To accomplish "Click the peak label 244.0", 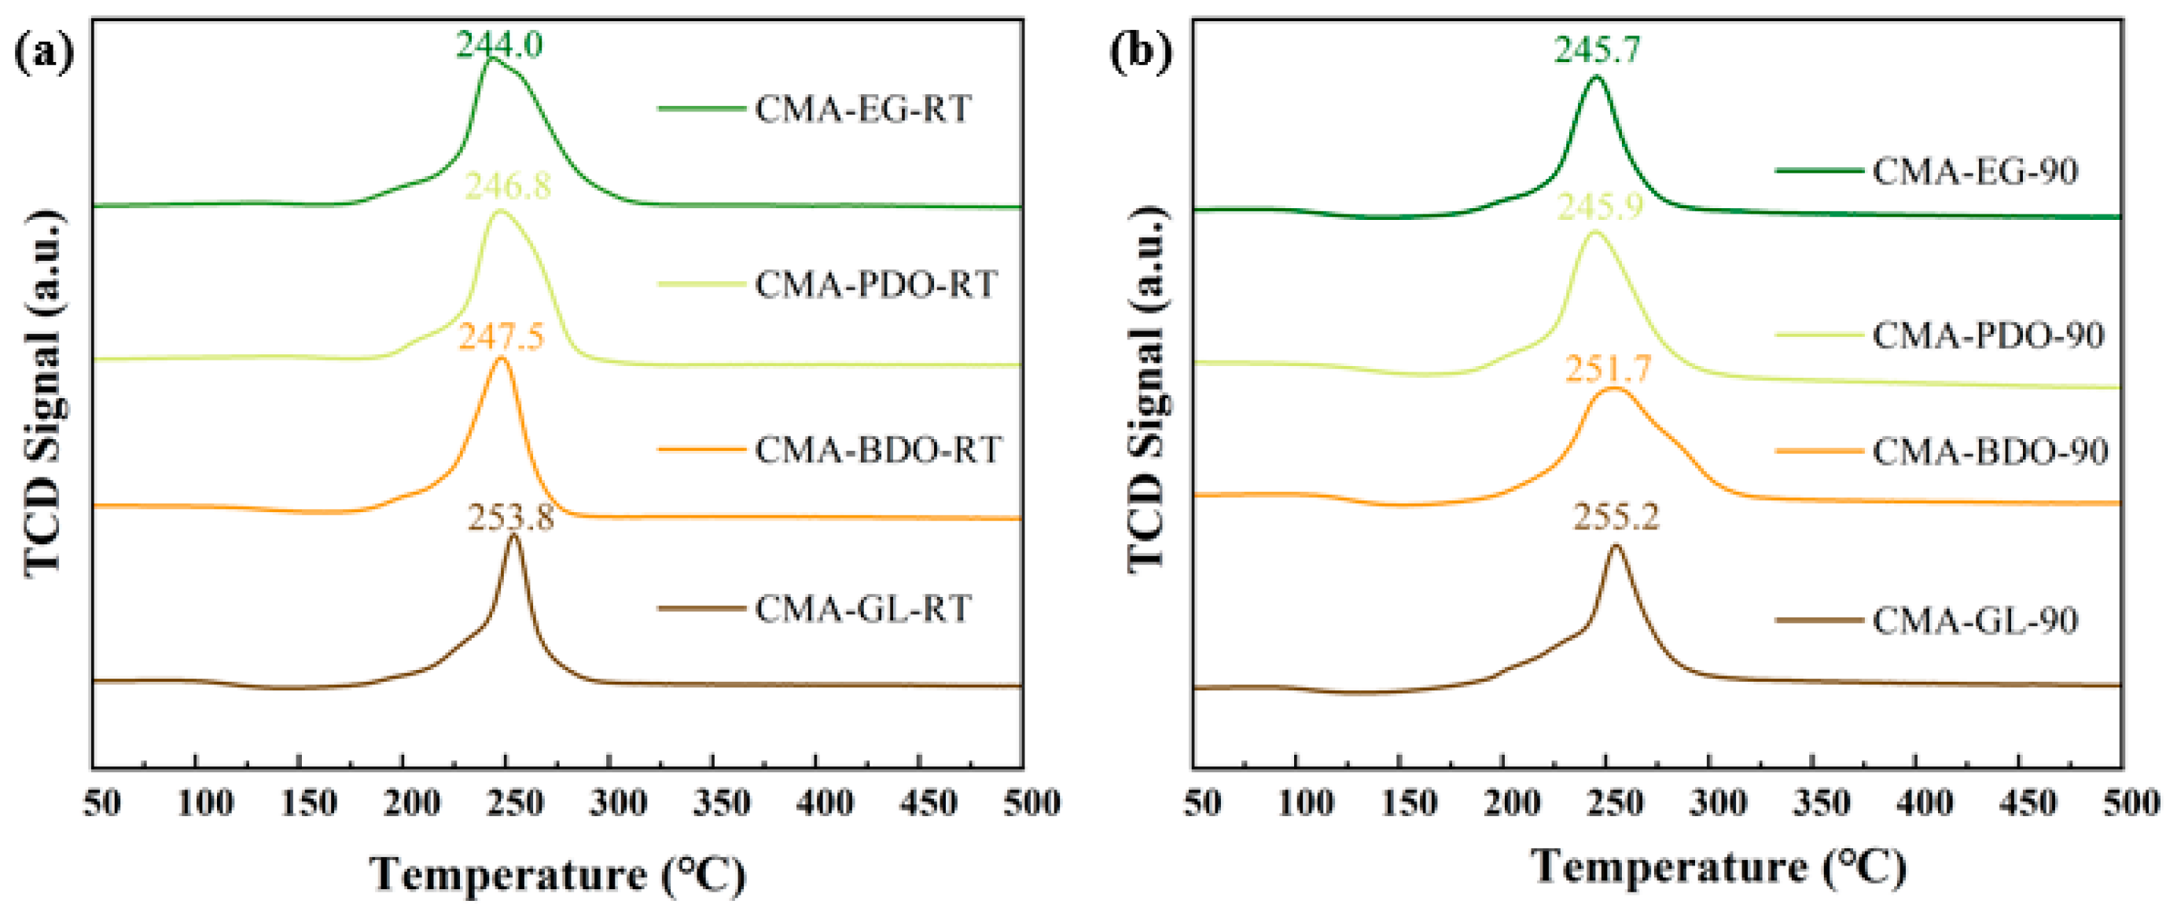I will [x=499, y=45].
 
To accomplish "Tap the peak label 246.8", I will [x=508, y=186].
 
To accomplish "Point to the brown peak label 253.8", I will [x=511, y=517].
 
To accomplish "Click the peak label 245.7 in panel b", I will [x=1597, y=49].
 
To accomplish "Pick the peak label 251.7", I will [x=1608, y=369].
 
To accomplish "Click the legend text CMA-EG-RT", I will [x=862, y=110].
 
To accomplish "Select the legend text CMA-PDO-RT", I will [x=876, y=284].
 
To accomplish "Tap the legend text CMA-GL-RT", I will [x=862, y=608].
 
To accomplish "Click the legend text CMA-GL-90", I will [x=1975, y=621].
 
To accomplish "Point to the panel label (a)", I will [x=45, y=53].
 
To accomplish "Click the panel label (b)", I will [x=1140, y=53].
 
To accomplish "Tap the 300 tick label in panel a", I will [x=619, y=803].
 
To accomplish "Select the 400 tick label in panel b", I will [x=1925, y=803].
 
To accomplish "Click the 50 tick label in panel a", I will [x=101, y=803].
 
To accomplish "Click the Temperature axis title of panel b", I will [x=1718, y=867].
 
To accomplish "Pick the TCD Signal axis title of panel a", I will [x=45, y=395].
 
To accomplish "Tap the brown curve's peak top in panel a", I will [x=513, y=536].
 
